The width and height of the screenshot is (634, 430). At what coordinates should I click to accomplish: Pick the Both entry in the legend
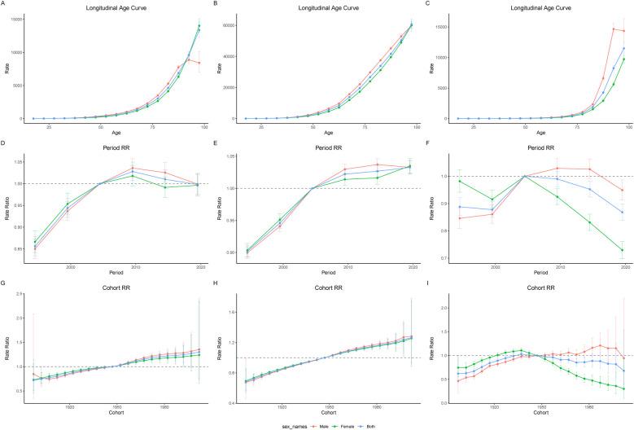pyautogui.click(x=355, y=423)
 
